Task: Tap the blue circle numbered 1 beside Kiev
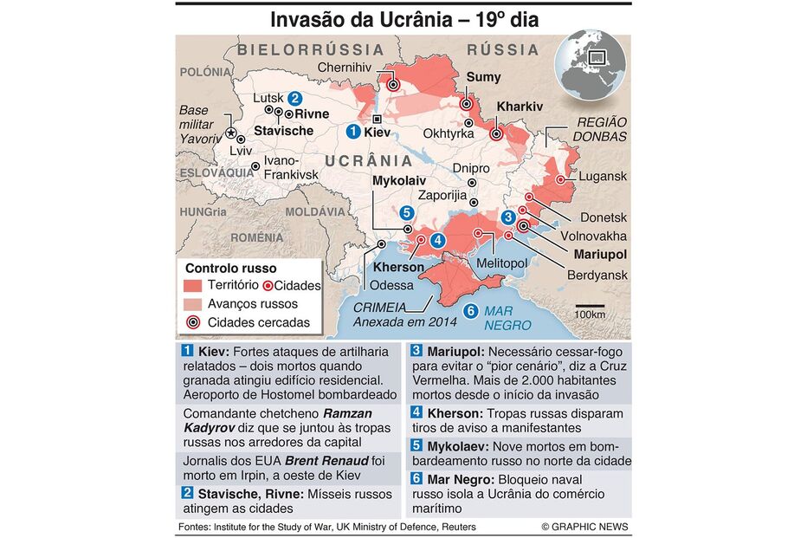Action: [x=352, y=132]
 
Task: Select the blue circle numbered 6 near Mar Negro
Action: [x=470, y=312]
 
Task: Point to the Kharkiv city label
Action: [x=519, y=107]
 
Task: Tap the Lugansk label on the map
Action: [x=603, y=176]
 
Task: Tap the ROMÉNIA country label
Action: [x=257, y=237]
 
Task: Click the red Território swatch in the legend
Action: [x=193, y=285]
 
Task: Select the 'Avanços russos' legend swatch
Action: [x=193, y=304]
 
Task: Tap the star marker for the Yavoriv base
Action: [x=230, y=134]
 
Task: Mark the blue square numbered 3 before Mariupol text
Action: [x=416, y=351]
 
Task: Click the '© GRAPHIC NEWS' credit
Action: [x=584, y=527]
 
